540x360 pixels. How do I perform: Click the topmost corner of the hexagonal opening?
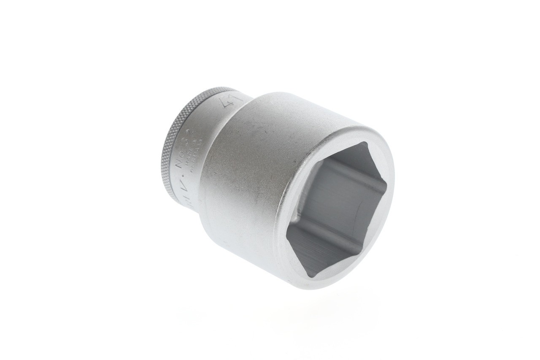(x=366, y=143)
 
